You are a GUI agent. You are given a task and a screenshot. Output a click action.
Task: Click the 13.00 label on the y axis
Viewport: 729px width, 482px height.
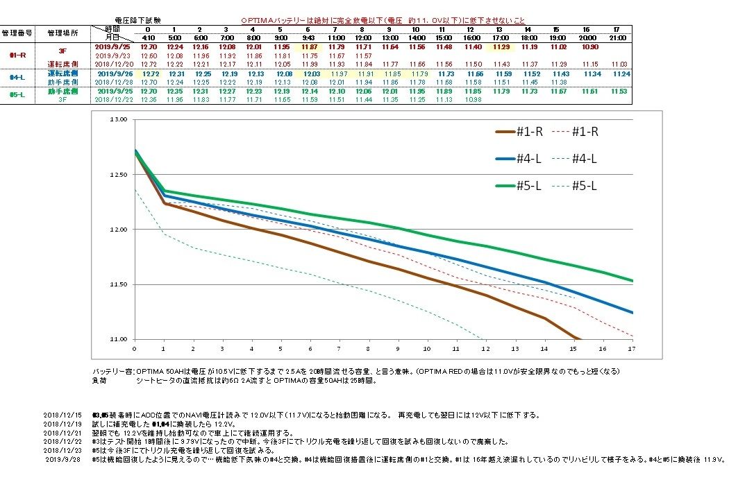point(119,120)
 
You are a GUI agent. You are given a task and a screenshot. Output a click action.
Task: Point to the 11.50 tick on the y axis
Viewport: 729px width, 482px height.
point(119,284)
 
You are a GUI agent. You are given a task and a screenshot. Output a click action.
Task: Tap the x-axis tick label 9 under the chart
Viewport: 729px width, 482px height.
point(398,348)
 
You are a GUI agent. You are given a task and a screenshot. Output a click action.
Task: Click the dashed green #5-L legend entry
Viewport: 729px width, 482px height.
point(587,185)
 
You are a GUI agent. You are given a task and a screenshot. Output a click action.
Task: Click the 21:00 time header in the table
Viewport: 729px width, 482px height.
point(620,37)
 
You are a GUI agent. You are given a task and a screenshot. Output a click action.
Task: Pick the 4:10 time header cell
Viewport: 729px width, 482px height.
point(148,37)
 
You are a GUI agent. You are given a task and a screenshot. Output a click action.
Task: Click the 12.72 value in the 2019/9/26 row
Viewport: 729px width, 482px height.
point(150,73)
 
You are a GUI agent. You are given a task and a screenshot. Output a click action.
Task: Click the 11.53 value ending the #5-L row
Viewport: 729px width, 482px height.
point(620,91)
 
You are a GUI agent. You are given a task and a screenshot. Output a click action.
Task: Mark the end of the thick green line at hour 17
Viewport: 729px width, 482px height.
point(632,281)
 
